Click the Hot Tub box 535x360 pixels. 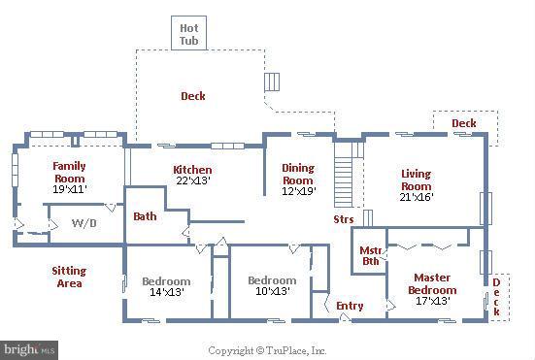tap(187, 33)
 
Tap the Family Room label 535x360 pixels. tap(69, 179)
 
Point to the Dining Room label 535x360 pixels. tap(298, 180)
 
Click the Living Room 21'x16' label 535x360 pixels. tap(416, 185)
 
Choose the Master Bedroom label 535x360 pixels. tap(432, 289)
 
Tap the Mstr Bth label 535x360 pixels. tap(370, 254)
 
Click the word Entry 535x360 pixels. tap(350, 306)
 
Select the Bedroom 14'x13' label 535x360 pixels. tap(167, 286)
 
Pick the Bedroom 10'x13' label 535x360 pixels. tap(271, 286)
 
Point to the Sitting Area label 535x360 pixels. tap(69, 277)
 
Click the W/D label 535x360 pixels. tap(84, 223)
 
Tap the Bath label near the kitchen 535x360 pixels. tap(146, 216)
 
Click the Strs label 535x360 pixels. tap(343, 219)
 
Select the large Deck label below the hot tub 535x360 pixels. tap(193, 96)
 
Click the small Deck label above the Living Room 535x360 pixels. tap(464, 123)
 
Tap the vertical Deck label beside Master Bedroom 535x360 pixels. tap(495, 296)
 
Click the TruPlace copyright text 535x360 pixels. tap(267, 350)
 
